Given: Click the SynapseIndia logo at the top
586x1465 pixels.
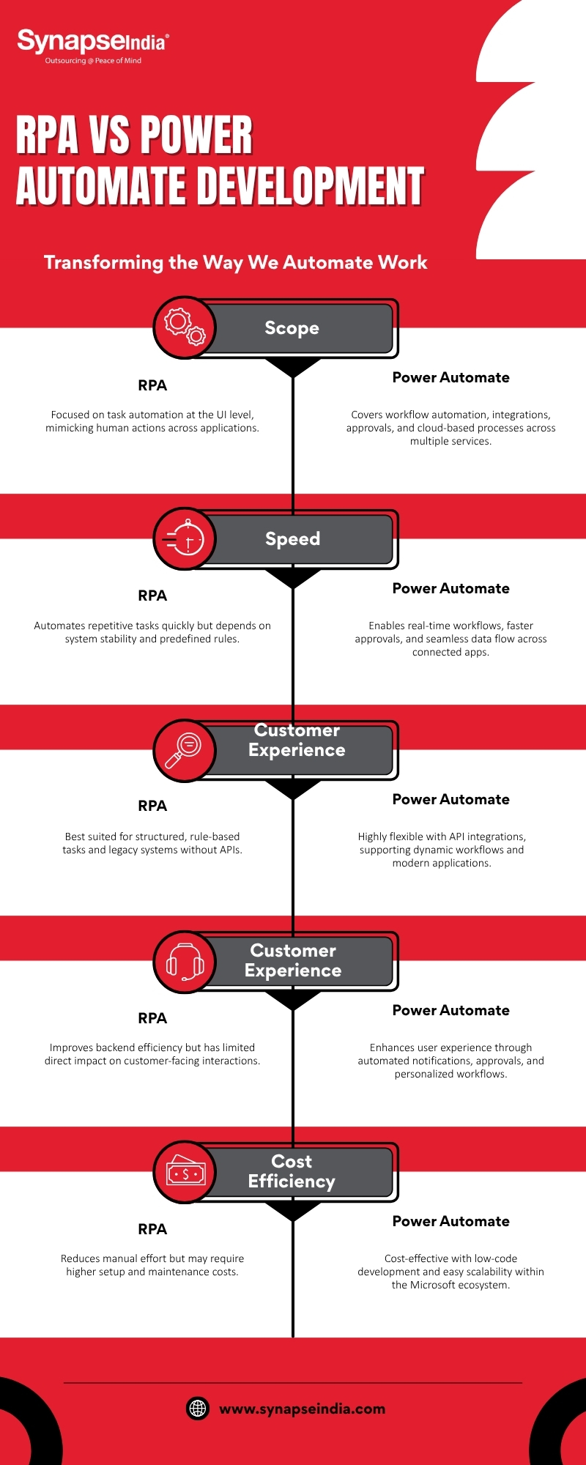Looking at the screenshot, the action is click(x=92, y=42).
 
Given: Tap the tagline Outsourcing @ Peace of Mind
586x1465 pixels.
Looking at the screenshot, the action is click(x=93, y=61).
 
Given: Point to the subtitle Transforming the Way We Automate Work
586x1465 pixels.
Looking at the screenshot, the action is click(x=235, y=262).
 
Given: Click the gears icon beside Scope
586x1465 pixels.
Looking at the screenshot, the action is click(x=185, y=327).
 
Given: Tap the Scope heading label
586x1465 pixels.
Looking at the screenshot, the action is click(x=292, y=328).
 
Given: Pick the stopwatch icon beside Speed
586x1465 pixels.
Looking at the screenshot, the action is click(x=185, y=539).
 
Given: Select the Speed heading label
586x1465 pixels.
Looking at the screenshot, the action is click(x=292, y=539).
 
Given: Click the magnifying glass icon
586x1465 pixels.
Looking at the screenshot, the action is click(x=185, y=750).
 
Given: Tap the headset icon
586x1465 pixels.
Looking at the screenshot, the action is click(x=185, y=962).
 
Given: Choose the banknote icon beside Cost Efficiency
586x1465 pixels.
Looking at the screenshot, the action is click(x=185, y=1172).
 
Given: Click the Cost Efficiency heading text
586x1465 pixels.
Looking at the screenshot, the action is click(x=292, y=1171).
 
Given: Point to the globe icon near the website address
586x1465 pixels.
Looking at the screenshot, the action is click(x=198, y=1409).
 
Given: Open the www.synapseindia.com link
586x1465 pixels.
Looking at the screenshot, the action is click(x=302, y=1409).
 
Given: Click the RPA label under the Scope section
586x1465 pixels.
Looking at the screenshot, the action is click(x=152, y=385).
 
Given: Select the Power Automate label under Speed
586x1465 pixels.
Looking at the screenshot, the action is click(x=450, y=588).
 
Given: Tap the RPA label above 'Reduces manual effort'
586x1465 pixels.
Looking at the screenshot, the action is click(x=152, y=1229).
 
